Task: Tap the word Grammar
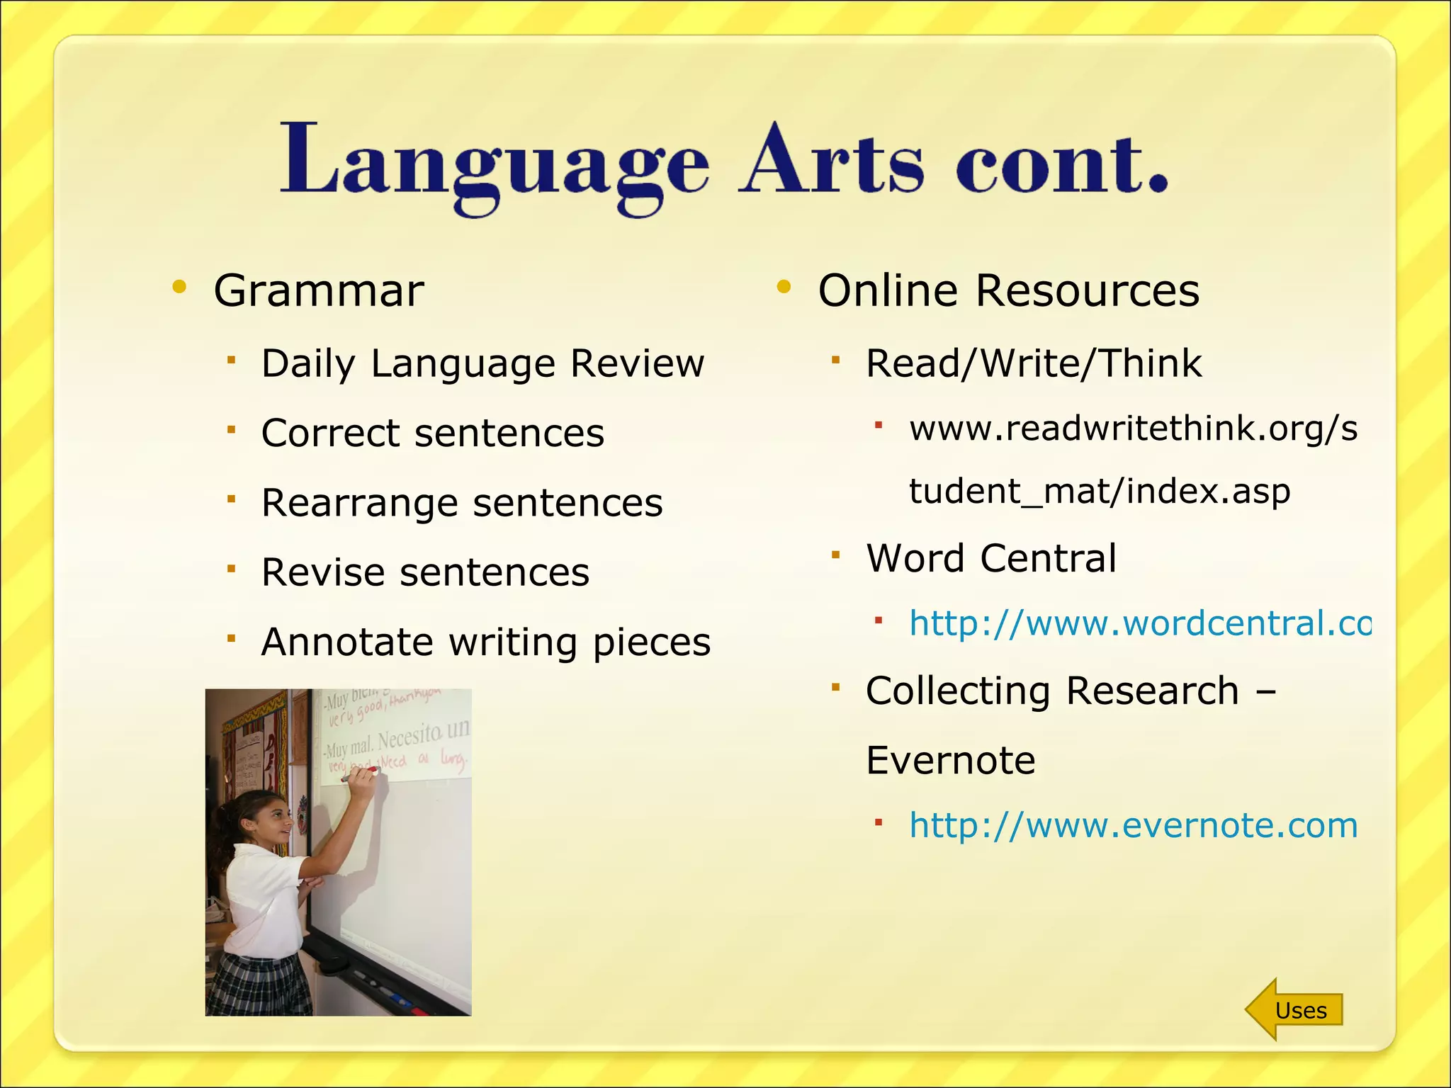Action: point(319,291)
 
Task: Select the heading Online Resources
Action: point(1008,291)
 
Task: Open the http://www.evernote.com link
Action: point(1133,826)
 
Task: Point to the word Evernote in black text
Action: point(950,761)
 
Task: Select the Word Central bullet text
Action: point(991,558)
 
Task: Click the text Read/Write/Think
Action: point(1034,364)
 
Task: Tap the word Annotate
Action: point(346,642)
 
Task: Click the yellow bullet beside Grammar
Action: point(179,287)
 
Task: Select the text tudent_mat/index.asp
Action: point(1100,491)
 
